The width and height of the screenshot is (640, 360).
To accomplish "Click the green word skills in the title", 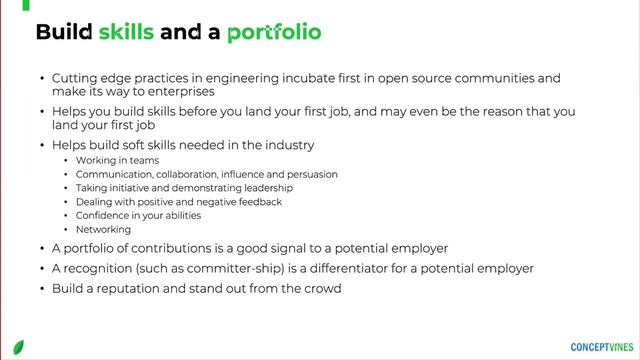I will tap(126, 32).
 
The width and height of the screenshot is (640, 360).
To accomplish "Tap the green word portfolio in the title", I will tap(274, 32).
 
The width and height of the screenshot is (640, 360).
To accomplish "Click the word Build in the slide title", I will tap(64, 32).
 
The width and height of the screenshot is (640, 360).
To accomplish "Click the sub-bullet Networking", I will tap(103, 229).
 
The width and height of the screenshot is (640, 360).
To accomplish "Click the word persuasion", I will tap(309, 174).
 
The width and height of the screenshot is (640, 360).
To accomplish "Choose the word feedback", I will tap(255, 202).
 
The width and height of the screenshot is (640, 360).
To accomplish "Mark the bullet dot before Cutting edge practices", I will tap(41, 78).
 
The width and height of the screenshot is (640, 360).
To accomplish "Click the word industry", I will tap(286, 145).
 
